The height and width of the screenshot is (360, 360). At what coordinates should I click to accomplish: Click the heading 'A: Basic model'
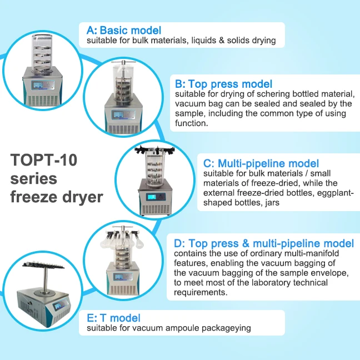click(124, 31)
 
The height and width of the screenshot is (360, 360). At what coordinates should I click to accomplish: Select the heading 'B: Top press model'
click(224, 84)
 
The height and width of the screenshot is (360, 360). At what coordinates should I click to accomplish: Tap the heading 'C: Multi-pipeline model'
click(261, 163)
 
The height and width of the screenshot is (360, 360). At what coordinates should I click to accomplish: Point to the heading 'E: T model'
click(113, 318)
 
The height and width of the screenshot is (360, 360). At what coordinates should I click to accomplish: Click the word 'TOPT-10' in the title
click(44, 160)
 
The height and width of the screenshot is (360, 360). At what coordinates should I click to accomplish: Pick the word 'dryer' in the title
click(83, 197)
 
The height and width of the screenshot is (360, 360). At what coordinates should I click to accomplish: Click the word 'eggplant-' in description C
click(335, 193)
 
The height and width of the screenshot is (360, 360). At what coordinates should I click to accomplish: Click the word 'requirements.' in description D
click(201, 292)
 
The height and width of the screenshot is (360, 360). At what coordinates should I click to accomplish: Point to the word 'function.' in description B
click(192, 123)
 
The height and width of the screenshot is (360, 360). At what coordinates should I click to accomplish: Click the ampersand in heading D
click(246, 243)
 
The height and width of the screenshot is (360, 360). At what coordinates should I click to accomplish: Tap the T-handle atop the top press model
click(124, 62)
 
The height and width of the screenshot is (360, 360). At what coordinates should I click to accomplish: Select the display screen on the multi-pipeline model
click(152, 197)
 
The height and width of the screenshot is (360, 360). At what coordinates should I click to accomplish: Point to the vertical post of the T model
click(46, 279)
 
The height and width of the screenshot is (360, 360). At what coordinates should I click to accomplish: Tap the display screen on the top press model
click(118, 115)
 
